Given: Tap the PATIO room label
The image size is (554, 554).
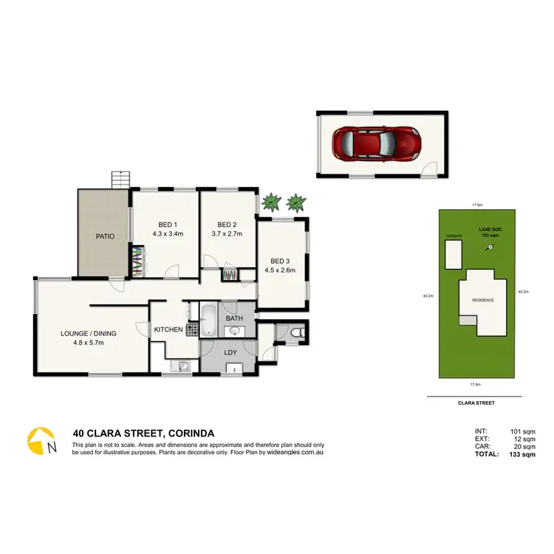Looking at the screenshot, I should (103, 238).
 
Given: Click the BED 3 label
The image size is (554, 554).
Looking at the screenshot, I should (281, 261).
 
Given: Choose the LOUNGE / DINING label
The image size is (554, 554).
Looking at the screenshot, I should (89, 333).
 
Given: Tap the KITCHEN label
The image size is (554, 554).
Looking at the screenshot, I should (168, 329).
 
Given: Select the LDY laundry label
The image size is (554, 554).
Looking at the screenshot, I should (230, 352).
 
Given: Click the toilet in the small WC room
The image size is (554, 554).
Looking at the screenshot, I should (296, 334).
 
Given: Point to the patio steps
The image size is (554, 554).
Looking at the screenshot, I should (120, 179).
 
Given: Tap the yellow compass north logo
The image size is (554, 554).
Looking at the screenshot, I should (41, 441).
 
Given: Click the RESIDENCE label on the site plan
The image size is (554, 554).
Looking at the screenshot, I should (483, 300).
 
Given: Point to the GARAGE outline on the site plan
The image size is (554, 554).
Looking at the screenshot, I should (452, 254).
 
